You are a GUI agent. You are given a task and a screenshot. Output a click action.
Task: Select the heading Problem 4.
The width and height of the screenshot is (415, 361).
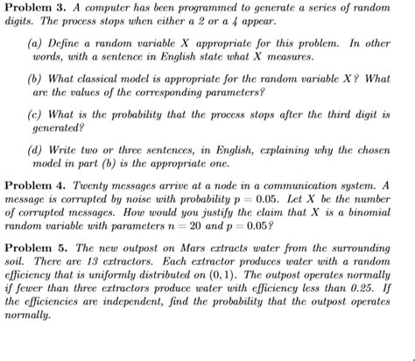coord(34,186)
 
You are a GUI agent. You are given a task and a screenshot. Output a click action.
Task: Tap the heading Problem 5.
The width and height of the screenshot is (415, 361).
coord(34,248)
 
